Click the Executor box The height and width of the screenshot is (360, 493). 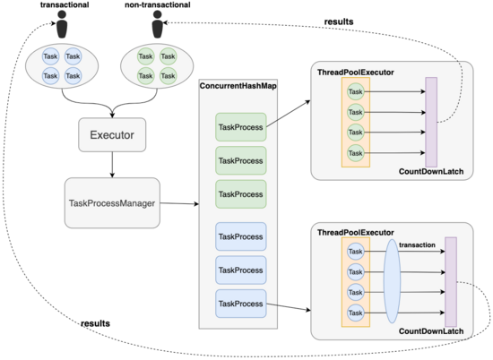(x=112, y=134)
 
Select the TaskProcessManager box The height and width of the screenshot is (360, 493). (x=112, y=203)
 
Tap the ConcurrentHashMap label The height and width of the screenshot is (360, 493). (x=238, y=86)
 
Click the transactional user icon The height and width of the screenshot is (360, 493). (x=62, y=24)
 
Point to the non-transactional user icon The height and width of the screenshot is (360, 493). (x=157, y=24)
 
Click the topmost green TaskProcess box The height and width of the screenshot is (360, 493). (x=241, y=127)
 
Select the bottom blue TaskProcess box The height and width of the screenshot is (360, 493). (x=241, y=304)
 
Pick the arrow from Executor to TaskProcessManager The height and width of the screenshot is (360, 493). (x=112, y=165)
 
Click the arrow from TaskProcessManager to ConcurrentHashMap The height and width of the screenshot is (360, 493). (x=179, y=203)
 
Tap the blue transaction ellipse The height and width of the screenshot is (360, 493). (x=392, y=281)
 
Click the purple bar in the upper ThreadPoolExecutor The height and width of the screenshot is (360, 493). (x=431, y=122)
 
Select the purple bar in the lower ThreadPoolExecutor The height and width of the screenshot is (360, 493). (x=451, y=282)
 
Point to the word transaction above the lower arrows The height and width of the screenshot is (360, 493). (x=417, y=244)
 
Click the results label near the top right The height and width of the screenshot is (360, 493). (x=339, y=21)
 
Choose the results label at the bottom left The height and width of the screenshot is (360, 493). (x=95, y=323)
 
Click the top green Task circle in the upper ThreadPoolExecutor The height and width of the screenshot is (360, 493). (x=356, y=91)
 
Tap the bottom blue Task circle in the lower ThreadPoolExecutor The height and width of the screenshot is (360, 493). (x=356, y=313)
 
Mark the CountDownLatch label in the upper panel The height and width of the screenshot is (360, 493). (x=431, y=172)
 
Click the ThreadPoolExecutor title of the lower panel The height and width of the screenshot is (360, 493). (x=355, y=233)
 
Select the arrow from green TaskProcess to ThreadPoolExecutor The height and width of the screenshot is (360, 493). (x=289, y=114)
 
